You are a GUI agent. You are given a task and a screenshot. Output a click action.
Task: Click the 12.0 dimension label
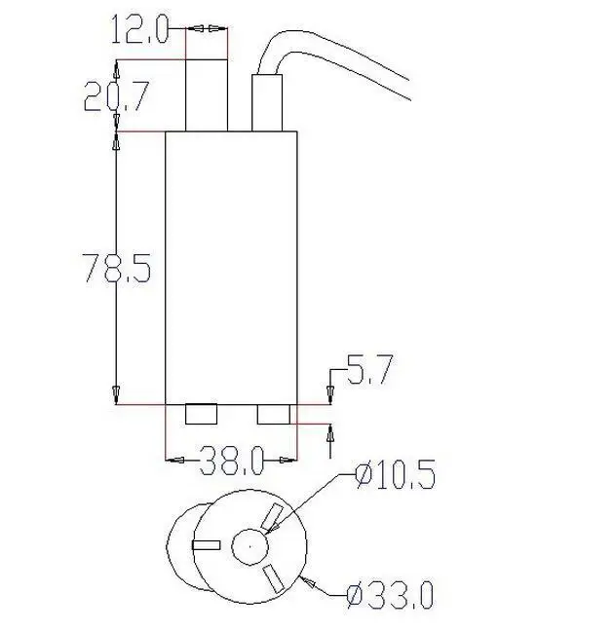[x=139, y=29]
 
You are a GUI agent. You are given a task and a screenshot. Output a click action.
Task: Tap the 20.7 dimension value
[x=117, y=96]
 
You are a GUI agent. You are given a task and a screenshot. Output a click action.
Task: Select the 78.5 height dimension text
[x=117, y=267]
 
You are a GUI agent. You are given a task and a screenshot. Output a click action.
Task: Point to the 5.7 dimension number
[x=369, y=370]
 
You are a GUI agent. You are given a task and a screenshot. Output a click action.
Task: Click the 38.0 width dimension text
[x=232, y=461]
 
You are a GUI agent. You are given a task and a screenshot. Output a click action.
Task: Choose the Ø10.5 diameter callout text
[x=396, y=474]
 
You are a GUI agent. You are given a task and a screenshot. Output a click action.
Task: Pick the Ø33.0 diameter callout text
[x=391, y=595]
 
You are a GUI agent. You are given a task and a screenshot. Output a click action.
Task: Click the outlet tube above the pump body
[x=207, y=95]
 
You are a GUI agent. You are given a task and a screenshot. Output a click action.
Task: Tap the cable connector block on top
[x=267, y=103]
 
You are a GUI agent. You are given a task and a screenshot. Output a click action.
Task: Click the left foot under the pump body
[x=201, y=414]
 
